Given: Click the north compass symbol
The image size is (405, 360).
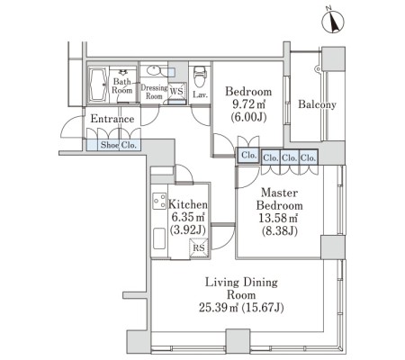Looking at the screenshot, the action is click(x=333, y=22).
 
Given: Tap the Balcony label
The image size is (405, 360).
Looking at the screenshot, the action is click(x=317, y=104).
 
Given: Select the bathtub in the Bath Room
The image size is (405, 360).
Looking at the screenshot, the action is click(x=98, y=85).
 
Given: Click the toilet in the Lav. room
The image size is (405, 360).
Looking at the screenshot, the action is click(x=200, y=76).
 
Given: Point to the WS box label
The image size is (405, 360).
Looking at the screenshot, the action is click(x=176, y=91).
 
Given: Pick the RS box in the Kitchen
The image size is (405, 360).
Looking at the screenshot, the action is click(x=199, y=247).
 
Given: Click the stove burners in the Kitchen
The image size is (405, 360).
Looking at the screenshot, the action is click(x=159, y=201).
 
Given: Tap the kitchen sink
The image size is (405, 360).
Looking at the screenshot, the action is click(x=159, y=238).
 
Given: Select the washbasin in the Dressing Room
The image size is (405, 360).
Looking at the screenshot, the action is click(x=154, y=71).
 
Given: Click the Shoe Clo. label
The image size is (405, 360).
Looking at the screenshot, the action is click(x=119, y=145).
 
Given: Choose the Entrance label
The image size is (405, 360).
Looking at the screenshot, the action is click(x=112, y=119).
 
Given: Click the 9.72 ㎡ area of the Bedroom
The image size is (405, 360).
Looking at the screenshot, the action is click(x=248, y=104).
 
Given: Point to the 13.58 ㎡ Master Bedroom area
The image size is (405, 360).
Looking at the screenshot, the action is click(x=278, y=218).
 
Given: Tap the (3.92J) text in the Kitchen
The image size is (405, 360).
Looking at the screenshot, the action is click(x=188, y=230).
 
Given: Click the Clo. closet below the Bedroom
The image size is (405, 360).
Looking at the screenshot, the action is click(x=248, y=156).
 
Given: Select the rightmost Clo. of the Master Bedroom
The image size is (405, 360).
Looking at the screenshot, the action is click(x=309, y=157).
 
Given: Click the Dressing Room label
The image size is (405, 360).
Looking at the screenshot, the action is click(x=154, y=92).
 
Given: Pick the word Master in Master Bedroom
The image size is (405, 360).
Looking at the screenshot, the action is click(x=279, y=193).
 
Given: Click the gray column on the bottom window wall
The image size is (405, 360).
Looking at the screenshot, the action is click(x=238, y=341).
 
